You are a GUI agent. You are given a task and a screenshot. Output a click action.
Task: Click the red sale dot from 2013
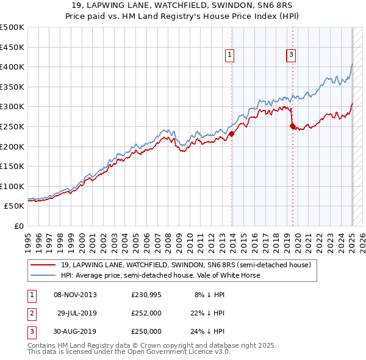point(232,134)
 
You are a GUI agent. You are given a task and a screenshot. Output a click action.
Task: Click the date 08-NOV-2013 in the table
point(75,295)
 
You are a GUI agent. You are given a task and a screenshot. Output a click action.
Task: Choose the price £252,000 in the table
point(146,313)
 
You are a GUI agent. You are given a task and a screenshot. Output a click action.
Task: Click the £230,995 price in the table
point(146,295)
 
